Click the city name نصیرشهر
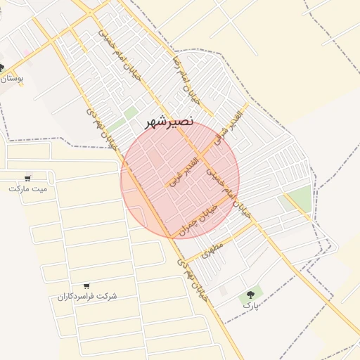click(169, 121)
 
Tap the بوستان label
click(13, 79)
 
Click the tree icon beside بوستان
click(2, 68)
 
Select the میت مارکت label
click(28, 188)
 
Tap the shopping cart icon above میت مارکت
click(27, 178)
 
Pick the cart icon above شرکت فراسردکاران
click(86, 286)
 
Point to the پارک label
click(251, 306)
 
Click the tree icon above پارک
click(251, 295)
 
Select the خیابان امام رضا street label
click(191, 90)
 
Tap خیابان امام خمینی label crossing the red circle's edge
click(231, 191)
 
